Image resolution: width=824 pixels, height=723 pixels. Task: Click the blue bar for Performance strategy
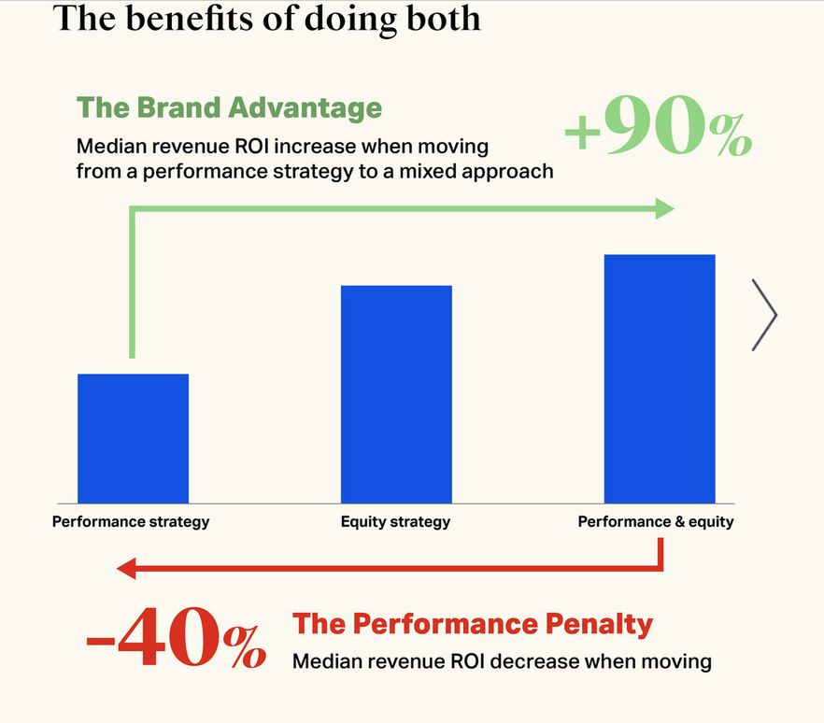click(133, 438)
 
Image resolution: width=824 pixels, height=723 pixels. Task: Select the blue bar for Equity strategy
click(396, 394)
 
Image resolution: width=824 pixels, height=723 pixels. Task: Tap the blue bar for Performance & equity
click(660, 378)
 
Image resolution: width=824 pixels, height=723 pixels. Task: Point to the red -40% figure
click(176, 640)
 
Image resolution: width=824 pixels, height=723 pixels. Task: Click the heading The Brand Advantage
click(229, 107)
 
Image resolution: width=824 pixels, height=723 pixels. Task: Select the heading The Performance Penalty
click(473, 624)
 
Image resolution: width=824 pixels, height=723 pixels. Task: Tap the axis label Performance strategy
click(131, 521)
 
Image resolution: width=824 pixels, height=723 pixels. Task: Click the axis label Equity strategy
click(395, 521)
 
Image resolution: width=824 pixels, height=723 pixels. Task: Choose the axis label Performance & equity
click(656, 521)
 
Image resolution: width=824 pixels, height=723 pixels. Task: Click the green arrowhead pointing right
click(664, 209)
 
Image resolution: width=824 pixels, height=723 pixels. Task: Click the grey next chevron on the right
click(764, 315)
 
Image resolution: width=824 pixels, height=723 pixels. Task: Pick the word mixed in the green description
click(431, 171)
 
